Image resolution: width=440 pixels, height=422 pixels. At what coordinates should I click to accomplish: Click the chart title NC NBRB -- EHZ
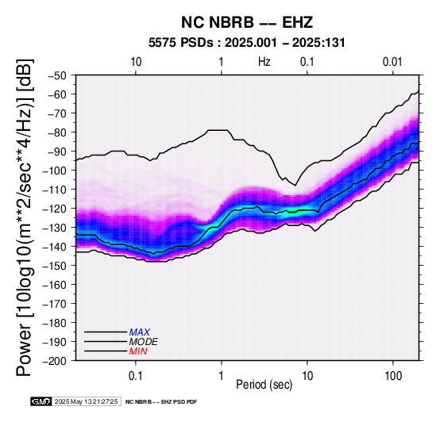pos(247,22)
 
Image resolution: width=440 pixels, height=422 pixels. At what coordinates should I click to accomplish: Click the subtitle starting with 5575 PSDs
pos(247,43)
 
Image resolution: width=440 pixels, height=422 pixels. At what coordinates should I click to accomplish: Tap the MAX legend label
pos(140,332)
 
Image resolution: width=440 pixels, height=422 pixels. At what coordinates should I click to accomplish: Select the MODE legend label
pos(144,342)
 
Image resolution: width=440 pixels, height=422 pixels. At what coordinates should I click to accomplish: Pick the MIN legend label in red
pos(138,351)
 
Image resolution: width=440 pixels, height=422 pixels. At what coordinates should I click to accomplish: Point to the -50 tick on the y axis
pos(56,75)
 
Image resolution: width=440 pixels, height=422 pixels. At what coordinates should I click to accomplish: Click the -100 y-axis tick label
pos(54,171)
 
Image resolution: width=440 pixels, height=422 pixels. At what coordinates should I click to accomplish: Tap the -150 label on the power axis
pos(54,266)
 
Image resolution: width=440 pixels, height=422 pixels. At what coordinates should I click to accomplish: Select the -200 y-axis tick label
pos(54,361)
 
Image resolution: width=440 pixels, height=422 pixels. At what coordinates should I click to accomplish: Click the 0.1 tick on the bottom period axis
pos(136,376)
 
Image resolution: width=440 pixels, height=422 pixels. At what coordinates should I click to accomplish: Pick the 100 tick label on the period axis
pos(393,376)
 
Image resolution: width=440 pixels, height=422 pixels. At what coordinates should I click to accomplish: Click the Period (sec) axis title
pos(264,385)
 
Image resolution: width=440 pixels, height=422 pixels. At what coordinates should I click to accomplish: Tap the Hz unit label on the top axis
pos(264,62)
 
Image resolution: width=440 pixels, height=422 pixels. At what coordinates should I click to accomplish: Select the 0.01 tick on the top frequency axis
pos(392,62)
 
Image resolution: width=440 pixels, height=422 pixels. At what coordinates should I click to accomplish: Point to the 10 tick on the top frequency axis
pos(136,62)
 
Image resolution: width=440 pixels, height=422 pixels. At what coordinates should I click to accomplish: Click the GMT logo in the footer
pos(41,401)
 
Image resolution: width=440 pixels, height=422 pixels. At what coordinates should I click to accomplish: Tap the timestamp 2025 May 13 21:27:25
pos(86,401)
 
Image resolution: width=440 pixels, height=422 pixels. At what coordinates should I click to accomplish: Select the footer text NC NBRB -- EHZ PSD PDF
pos(161,402)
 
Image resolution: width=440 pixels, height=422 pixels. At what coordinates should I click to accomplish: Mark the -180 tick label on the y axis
pos(54,323)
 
